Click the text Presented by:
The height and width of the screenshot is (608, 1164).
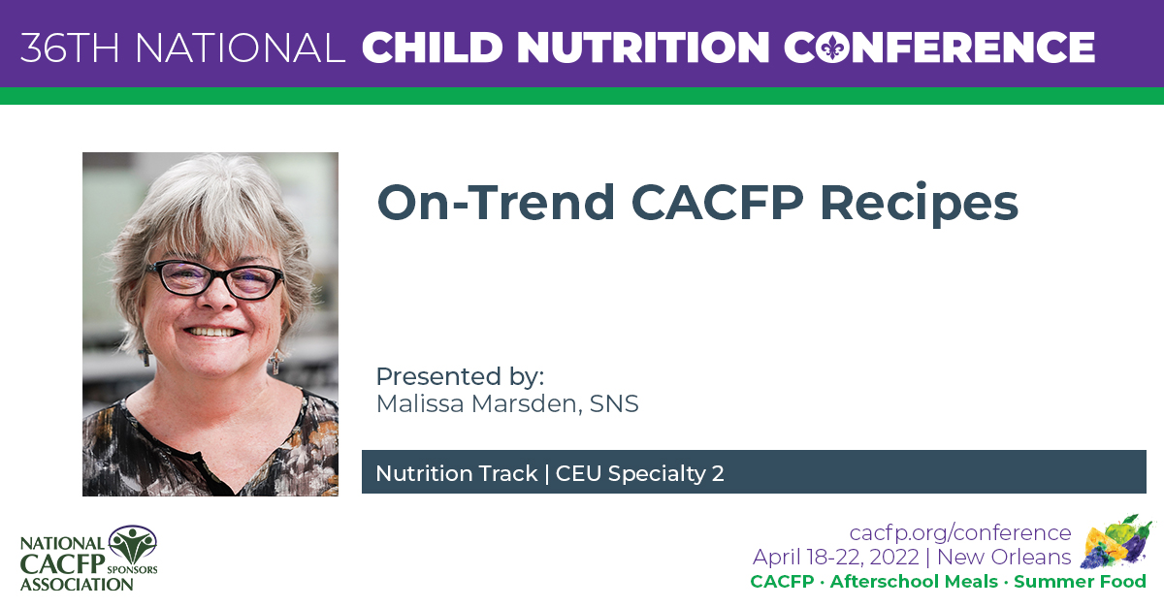click(x=460, y=376)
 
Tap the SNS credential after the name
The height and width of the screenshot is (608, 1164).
click(x=614, y=403)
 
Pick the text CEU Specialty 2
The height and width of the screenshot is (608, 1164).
click(x=640, y=473)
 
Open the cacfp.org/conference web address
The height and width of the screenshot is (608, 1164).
click(x=960, y=532)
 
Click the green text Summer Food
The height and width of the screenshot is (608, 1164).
click(x=1080, y=582)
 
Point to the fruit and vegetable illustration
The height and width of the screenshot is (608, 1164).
click(x=1115, y=542)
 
